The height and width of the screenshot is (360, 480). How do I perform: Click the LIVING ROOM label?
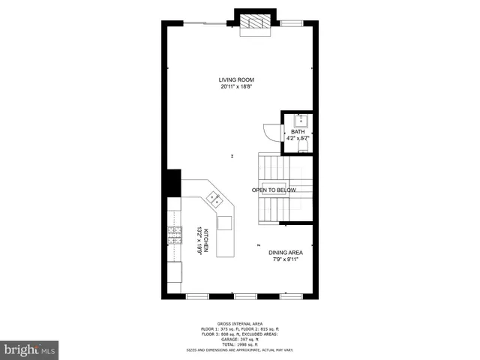[x=237, y=79]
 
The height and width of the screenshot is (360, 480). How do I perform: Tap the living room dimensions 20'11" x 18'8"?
[x=237, y=87]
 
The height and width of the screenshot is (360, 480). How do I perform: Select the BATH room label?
[x=298, y=132]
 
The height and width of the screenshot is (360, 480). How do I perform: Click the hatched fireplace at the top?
[x=254, y=24]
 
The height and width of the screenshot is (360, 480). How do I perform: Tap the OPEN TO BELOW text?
[x=274, y=190]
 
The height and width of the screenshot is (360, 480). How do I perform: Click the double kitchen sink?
[x=215, y=199]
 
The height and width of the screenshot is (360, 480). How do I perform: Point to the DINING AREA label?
[x=286, y=253]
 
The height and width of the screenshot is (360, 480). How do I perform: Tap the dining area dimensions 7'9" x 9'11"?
[x=286, y=260]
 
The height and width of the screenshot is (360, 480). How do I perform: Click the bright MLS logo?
[x=29, y=349]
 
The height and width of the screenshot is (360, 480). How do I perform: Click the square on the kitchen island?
[x=224, y=223]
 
